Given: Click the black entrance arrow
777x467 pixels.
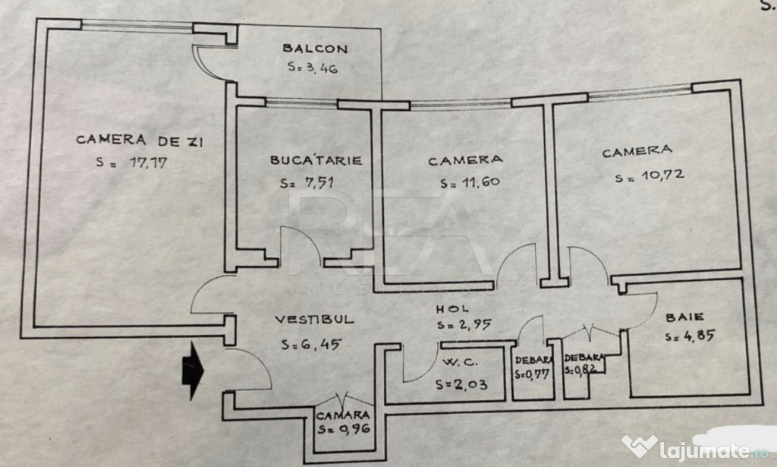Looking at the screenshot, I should tap(193, 371).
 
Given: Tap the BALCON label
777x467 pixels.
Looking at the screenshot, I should tap(315, 49).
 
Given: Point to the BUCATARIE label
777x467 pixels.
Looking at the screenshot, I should tap(316, 160).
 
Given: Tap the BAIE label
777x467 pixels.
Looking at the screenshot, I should tap(685, 317).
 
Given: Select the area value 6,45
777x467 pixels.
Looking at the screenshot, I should tap(311, 344).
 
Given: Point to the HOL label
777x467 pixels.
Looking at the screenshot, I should tap(452, 309).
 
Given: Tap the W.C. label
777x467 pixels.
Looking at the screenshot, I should tap(461, 362).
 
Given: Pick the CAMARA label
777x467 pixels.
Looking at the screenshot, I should tap(343, 415).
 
